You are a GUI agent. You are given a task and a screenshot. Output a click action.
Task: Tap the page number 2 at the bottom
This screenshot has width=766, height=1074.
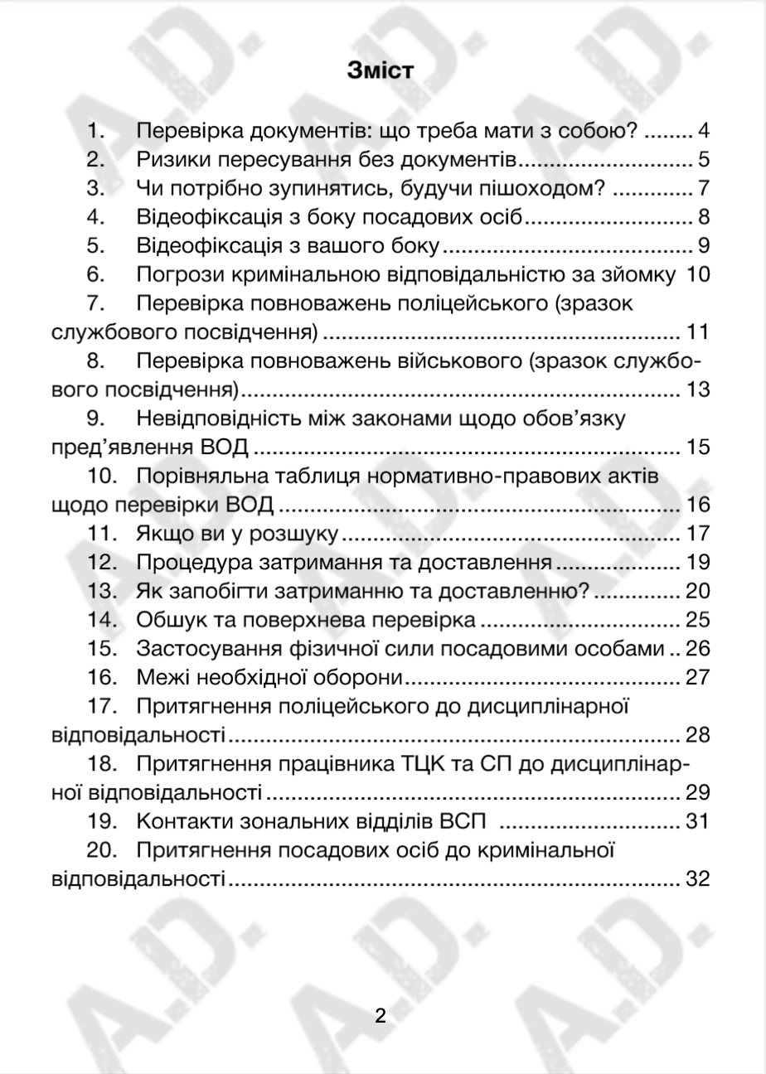pos(381,1016)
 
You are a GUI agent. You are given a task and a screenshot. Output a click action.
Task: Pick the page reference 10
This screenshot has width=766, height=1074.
pos(699,275)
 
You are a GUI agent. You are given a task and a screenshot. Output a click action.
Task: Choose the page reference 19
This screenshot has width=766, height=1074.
pos(699,564)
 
